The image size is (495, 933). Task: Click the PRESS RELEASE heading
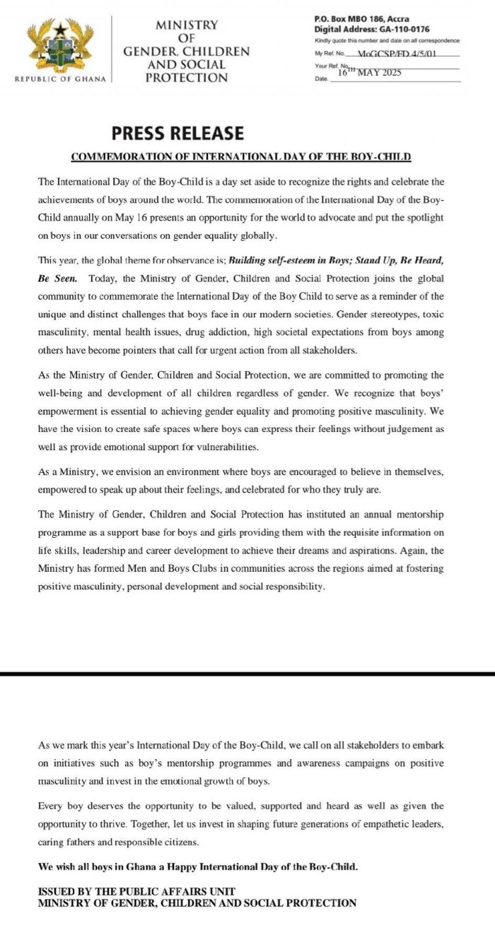(x=177, y=133)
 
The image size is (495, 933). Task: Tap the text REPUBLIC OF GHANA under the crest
(x=60, y=78)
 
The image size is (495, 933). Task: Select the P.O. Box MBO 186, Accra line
(x=361, y=18)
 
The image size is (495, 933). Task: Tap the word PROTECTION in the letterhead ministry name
(x=187, y=78)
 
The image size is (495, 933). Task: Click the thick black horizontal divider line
(x=248, y=674)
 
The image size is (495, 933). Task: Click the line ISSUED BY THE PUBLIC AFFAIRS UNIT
(x=136, y=892)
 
